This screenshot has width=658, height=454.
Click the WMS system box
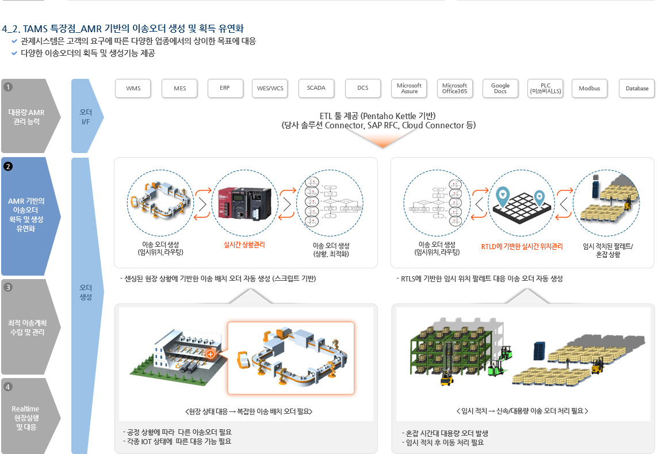[133, 88]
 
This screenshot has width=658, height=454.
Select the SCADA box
[316, 88]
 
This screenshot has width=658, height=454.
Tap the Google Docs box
[500, 88]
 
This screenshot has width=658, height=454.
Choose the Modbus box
[590, 88]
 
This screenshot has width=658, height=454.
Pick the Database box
[637, 88]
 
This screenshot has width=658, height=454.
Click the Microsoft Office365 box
[454, 88]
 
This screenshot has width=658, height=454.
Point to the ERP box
[224, 88]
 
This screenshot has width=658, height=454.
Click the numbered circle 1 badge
[8, 87]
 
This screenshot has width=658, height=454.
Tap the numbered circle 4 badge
[8, 387]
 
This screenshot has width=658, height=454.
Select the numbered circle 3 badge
[8, 287]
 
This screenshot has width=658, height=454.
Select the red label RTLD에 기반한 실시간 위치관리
[522, 247]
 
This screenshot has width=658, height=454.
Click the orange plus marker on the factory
[211, 354]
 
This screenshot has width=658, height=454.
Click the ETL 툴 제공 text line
[378, 116]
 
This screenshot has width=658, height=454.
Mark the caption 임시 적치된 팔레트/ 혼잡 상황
[607, 250]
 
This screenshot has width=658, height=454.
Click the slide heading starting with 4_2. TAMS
[124, 28]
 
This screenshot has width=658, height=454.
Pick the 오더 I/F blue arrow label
[86, 116]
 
